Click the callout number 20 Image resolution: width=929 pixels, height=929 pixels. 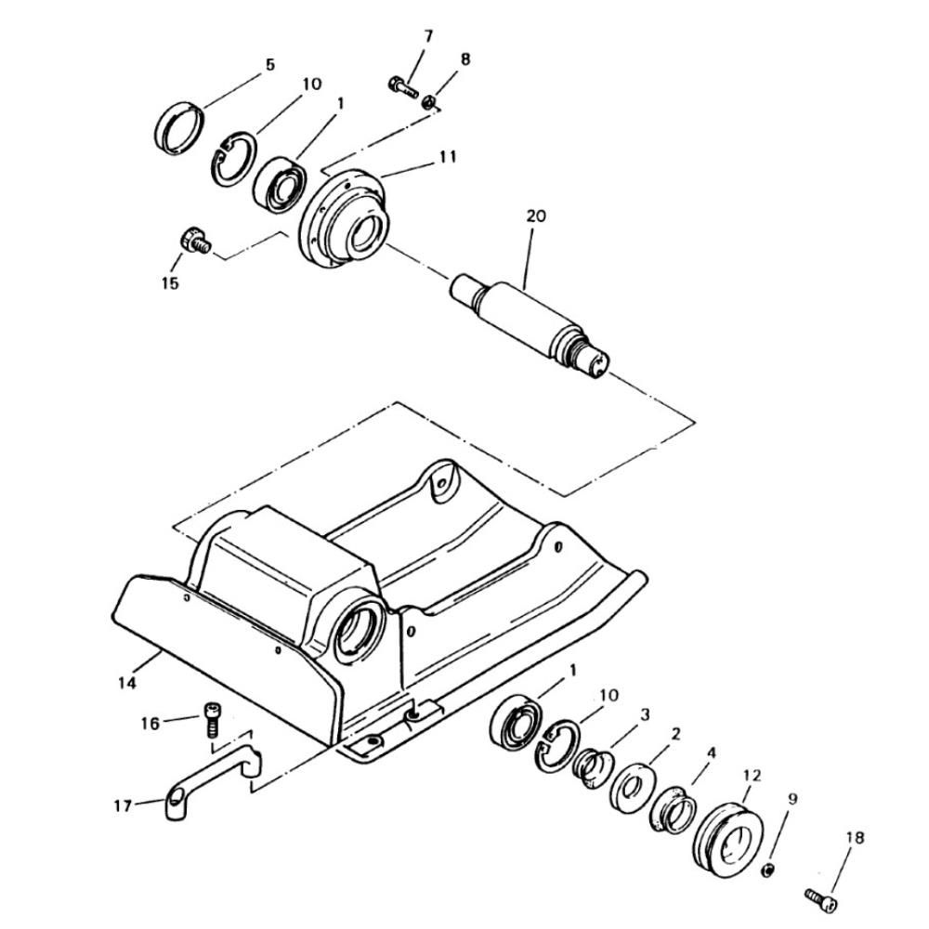[536, 216]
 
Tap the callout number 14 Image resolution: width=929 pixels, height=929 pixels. [127, 683]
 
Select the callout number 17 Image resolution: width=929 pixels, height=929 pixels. [123, 805]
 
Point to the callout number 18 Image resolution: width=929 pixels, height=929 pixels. [855, 837]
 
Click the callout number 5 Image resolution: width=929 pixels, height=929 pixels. [270, 65]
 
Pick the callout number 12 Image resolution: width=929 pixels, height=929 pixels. [752, 775]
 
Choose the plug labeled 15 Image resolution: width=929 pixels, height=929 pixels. [195, 241]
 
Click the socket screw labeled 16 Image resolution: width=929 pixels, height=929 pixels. [212, 719]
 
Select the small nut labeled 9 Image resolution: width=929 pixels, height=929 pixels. [767, 870]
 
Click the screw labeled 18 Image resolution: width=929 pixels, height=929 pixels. [822, 899]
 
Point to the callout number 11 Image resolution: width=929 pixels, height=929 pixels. [448, 156]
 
